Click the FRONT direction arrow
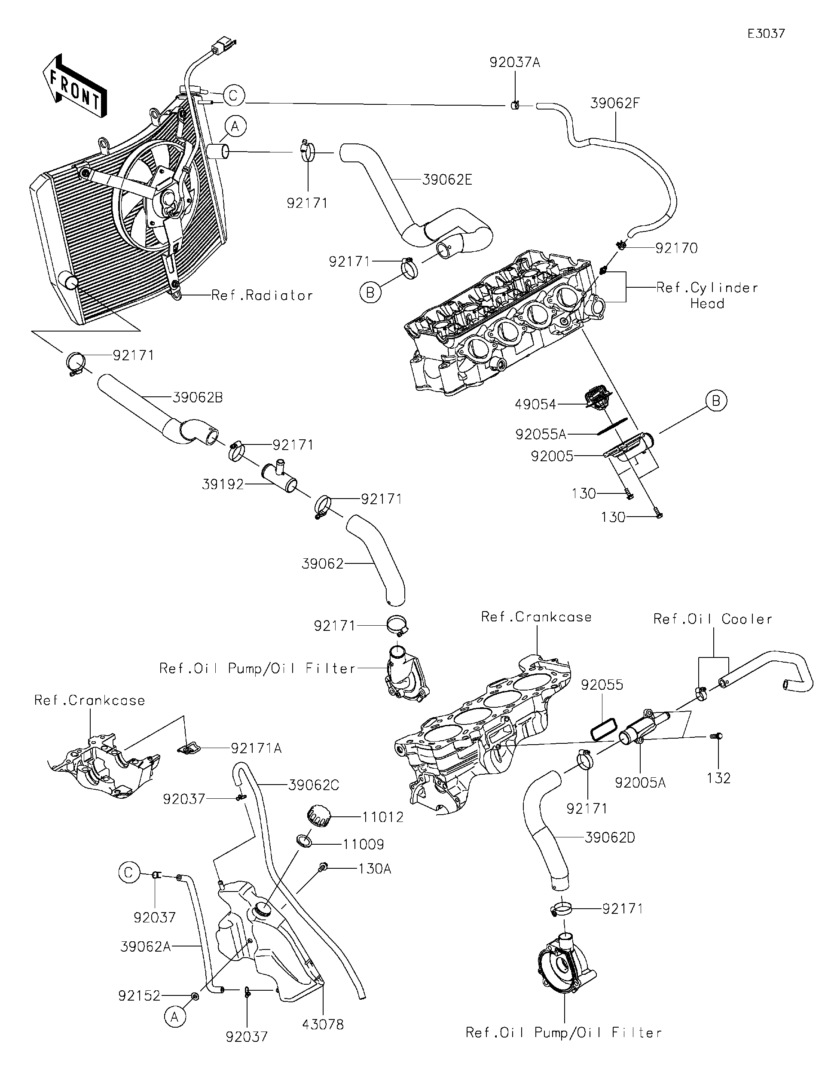click(75, 87)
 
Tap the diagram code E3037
click(766, 33)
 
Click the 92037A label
click(515, 63)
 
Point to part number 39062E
click(447, 180)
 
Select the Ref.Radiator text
click(262, 295)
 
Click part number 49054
click(536, 404)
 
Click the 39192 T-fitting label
click(223, 485)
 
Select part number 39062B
click(198, 398)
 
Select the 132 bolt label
click(718, 778)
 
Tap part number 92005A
click(640, 783)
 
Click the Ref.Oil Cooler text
click(713, 619)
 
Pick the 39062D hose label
click(609, 838)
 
